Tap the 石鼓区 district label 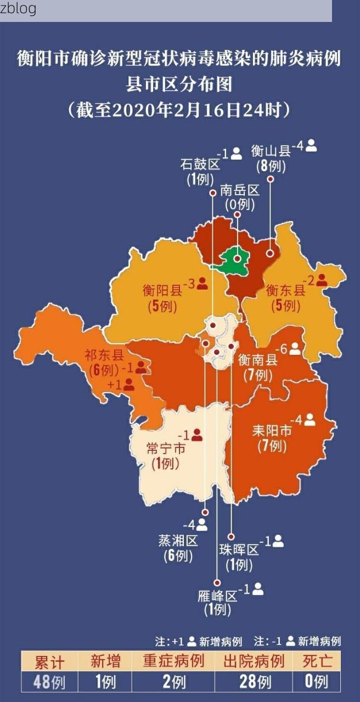[x=200, y=164]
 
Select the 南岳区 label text [x=240, y=190]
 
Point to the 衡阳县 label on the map [x=162, y=290]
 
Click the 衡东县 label [x=285, y=290]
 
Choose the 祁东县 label [x=104, y=355]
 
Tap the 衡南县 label [x=258, y=360]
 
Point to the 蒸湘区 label [x=178, y=541]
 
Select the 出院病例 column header [x=254, y=661]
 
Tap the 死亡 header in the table [x=316, y=661]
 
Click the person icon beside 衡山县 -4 [x=312, y=146]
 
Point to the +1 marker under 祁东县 [x=121, y=385]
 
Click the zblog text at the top [x=18, y=9]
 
